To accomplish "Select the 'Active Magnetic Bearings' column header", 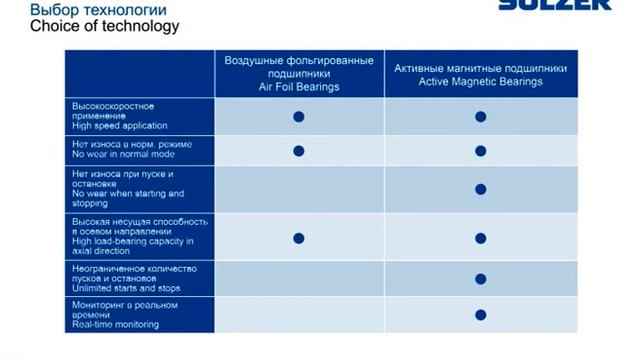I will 480,75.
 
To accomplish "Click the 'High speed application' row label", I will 119,126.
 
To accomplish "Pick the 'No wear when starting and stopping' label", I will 127,193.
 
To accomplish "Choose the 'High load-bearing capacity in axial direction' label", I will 133,241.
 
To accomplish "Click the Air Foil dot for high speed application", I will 298,117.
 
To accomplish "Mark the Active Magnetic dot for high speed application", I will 480,117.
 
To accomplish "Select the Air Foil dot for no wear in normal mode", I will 298,151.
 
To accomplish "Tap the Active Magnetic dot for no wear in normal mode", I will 480,151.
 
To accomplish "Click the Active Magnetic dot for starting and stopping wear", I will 480,189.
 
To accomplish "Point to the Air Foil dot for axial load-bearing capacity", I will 298,238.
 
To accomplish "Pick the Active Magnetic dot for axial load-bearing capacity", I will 480,238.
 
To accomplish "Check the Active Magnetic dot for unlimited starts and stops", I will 480,279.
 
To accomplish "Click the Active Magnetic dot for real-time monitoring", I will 480,314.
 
